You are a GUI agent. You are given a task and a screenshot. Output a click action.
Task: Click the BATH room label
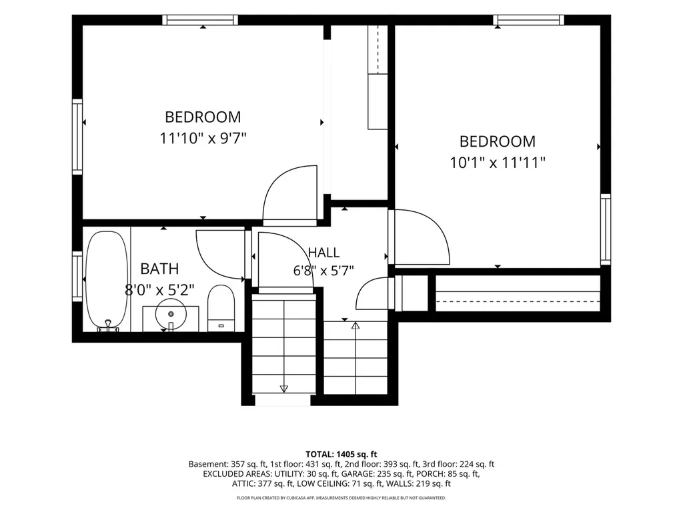[159, 269]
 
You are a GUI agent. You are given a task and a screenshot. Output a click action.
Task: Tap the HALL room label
[323, 253]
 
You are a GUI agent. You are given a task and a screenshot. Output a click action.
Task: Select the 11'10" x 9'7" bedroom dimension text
[203, 139]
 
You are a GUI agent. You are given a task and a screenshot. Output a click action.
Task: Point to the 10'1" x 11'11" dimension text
[498, 163]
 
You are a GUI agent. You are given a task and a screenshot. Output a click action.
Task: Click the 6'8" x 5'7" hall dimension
[323, 271]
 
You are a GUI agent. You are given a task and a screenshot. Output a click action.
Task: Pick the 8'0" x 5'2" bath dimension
[159, 289]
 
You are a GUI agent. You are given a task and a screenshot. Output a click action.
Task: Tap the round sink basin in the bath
[171, 314]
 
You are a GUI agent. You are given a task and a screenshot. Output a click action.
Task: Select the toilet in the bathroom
[221, 308]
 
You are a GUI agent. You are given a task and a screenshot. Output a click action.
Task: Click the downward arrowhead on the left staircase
[284, 388]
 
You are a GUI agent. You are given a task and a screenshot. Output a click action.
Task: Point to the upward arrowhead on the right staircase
[356, 325]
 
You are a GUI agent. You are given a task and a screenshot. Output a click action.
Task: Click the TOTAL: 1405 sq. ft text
[341, 455]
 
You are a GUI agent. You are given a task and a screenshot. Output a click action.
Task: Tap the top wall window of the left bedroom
[200, 20]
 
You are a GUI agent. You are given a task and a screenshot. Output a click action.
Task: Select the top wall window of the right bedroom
[529, 20]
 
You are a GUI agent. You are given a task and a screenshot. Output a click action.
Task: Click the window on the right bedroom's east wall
[606, 229]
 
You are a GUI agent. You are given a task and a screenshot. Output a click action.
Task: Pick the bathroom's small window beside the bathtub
[77, 277]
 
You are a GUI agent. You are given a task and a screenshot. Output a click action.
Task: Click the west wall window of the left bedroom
[77, 137]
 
